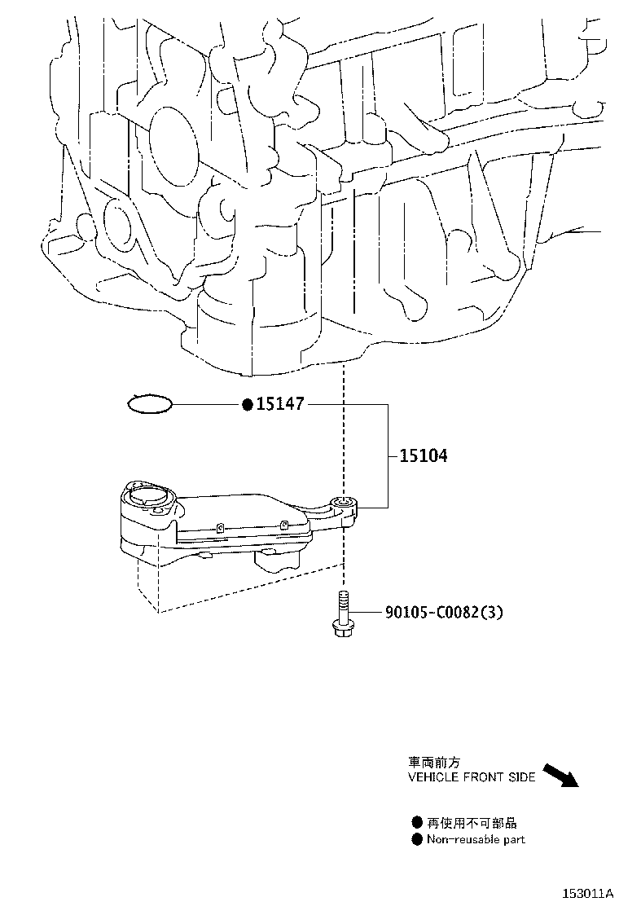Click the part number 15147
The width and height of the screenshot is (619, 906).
coord(280,404)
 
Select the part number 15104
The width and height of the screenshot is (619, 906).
coord(424,456)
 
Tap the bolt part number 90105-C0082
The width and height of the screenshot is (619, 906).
coord(432,611)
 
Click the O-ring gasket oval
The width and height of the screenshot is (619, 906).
coord(150,404)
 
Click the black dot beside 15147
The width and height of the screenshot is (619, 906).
coord(248,404)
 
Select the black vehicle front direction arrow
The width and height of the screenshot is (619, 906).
coord(560,775)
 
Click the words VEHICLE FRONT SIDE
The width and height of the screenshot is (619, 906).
coord(472,777)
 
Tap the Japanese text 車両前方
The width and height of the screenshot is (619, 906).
coord(434,763)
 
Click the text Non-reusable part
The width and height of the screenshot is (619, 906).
coord(476,839)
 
